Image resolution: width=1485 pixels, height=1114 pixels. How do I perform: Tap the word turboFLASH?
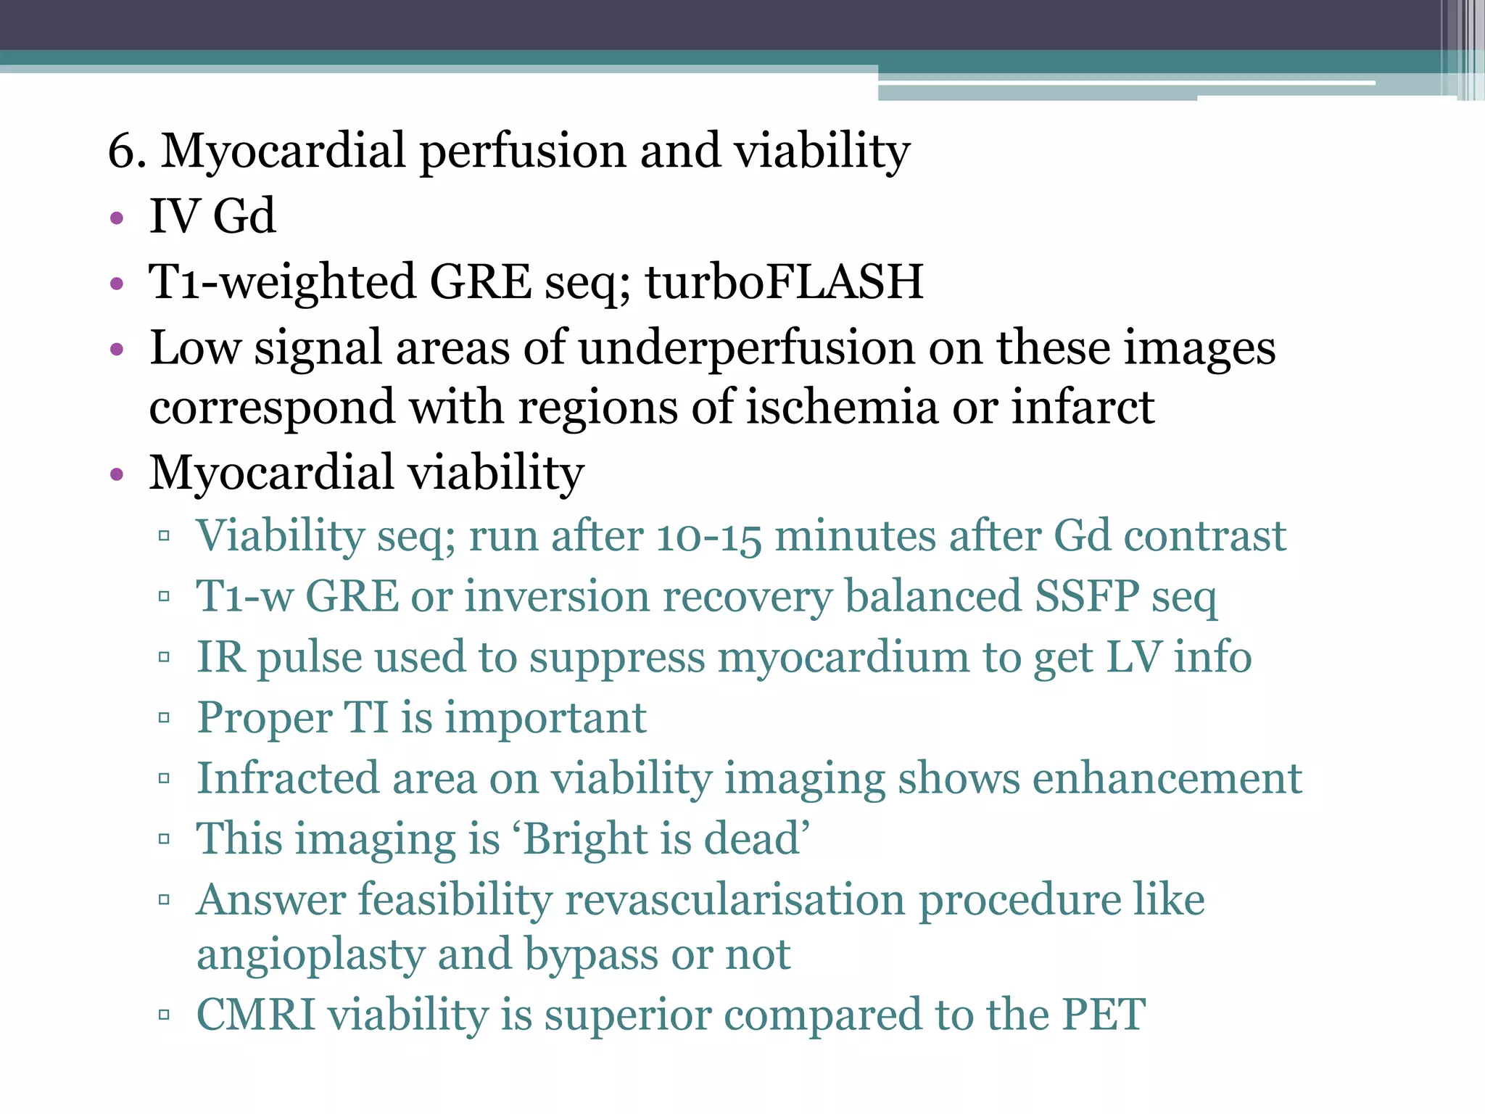(x=784, y=282)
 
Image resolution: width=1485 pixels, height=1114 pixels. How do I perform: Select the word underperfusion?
(x=747, y=348)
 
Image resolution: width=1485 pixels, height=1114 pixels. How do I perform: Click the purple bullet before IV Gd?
(x=117, y=218)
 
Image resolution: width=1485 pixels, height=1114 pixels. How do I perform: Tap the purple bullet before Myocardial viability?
(x=117, y=475)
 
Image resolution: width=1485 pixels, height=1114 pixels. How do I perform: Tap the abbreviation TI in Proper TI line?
(x=365, y=718)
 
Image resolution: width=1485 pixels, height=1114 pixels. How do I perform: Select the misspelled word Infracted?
(x=287, y=779)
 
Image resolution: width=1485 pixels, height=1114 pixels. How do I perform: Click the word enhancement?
(x=1167, y=779)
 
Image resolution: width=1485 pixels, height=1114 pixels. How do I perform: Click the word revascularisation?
(x=735, y=900)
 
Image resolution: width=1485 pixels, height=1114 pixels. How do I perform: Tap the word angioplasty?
(x=310, y=956)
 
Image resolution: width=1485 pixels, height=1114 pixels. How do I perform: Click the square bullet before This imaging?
(x=164, y=840)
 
